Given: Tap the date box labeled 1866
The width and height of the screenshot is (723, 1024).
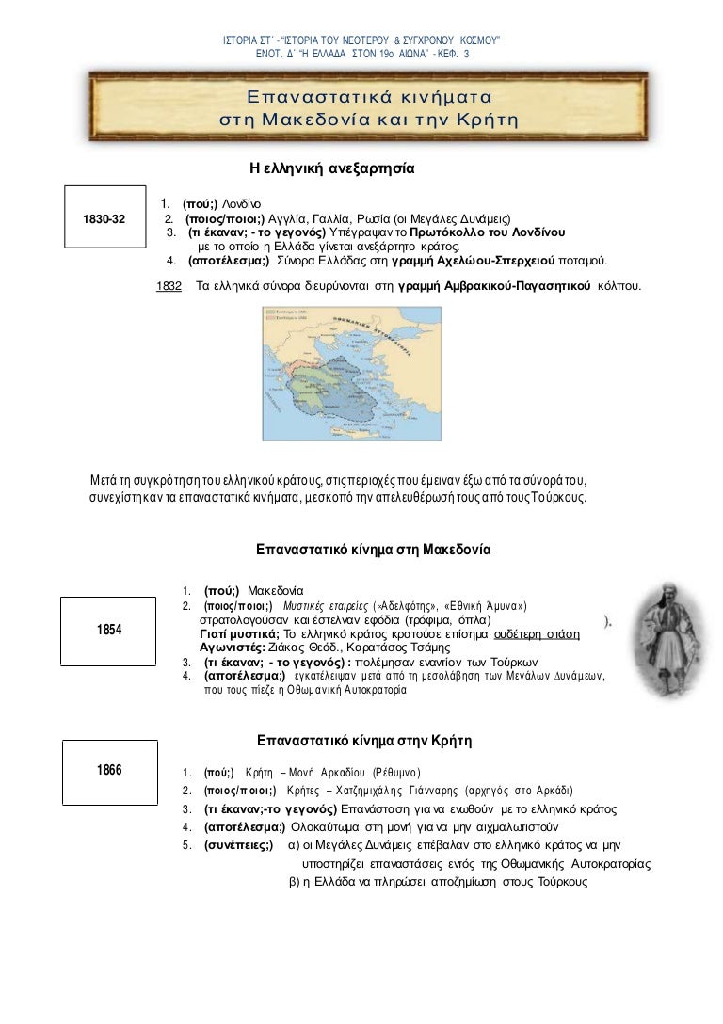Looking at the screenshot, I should pyautogui.click(x=109, y=770).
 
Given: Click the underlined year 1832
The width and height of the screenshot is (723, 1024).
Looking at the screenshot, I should pyautogui.click(x=169, y=283).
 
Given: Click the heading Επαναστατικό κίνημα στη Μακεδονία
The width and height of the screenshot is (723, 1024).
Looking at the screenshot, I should pyautogui.click(x=375, y=547).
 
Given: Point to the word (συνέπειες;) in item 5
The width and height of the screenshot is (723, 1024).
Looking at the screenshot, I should pyautogui.click(x=239, y=845).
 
